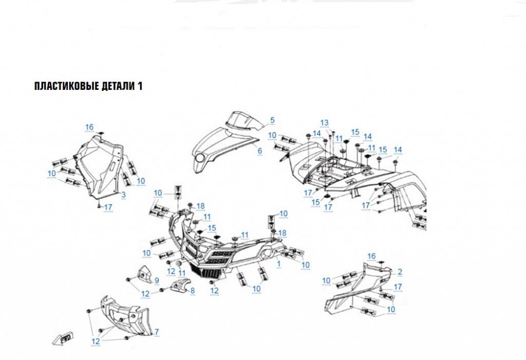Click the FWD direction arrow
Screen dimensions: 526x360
point(63,338)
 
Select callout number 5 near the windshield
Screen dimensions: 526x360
point(272,120)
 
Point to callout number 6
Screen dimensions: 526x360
point(259,151)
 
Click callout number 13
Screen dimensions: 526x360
point(325,123)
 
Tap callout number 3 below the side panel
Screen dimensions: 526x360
point(123,195)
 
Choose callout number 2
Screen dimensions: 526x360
point(400,272)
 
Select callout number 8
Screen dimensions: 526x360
point(193,291)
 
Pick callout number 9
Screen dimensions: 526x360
point(157,281)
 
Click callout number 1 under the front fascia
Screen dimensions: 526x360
point(278,264)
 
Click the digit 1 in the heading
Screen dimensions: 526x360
point(140,86)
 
